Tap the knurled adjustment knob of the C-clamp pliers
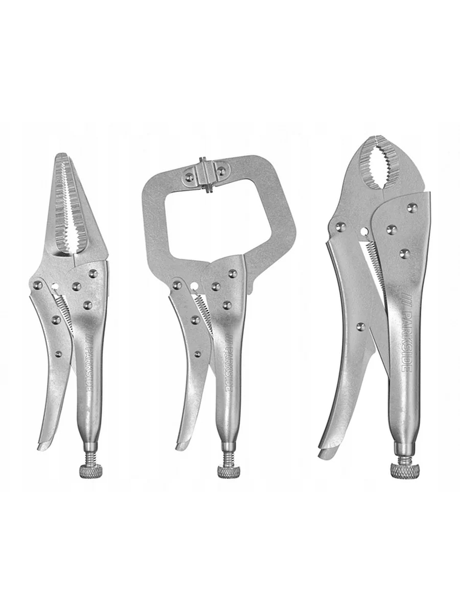click(x=228, y=471)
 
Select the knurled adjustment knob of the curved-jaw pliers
click(x=404, y=470)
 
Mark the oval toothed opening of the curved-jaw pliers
click(x=375, y=165)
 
